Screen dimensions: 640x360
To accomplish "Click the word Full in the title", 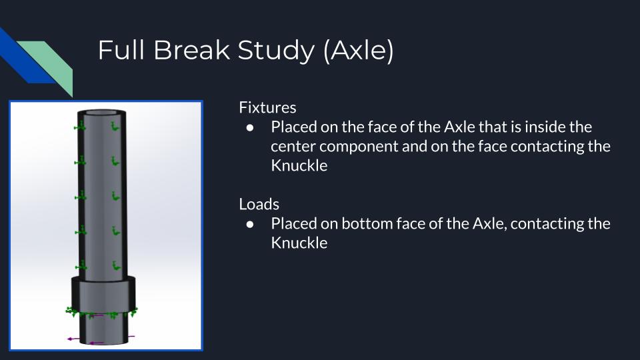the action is coord(121,50).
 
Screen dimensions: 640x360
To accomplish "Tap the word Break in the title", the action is coord(191,50).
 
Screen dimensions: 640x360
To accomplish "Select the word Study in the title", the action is coord(276,51).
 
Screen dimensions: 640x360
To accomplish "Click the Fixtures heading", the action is coord(267,107).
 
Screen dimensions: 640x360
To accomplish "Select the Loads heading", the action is coord(259,204).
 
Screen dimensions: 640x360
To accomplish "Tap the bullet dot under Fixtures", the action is coord(250,128).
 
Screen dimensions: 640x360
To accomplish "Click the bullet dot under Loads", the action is coord(250,225).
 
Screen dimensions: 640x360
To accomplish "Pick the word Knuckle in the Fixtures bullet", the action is coord(299,166).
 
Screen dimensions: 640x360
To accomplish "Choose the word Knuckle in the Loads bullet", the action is coord(299,243).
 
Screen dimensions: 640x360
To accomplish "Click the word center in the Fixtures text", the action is coord(293,147).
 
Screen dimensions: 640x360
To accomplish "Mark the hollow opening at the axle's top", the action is coord(101,113).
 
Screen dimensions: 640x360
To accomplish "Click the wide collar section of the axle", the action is coord(103,294).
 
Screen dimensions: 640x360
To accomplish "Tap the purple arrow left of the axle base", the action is coord(74,339).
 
